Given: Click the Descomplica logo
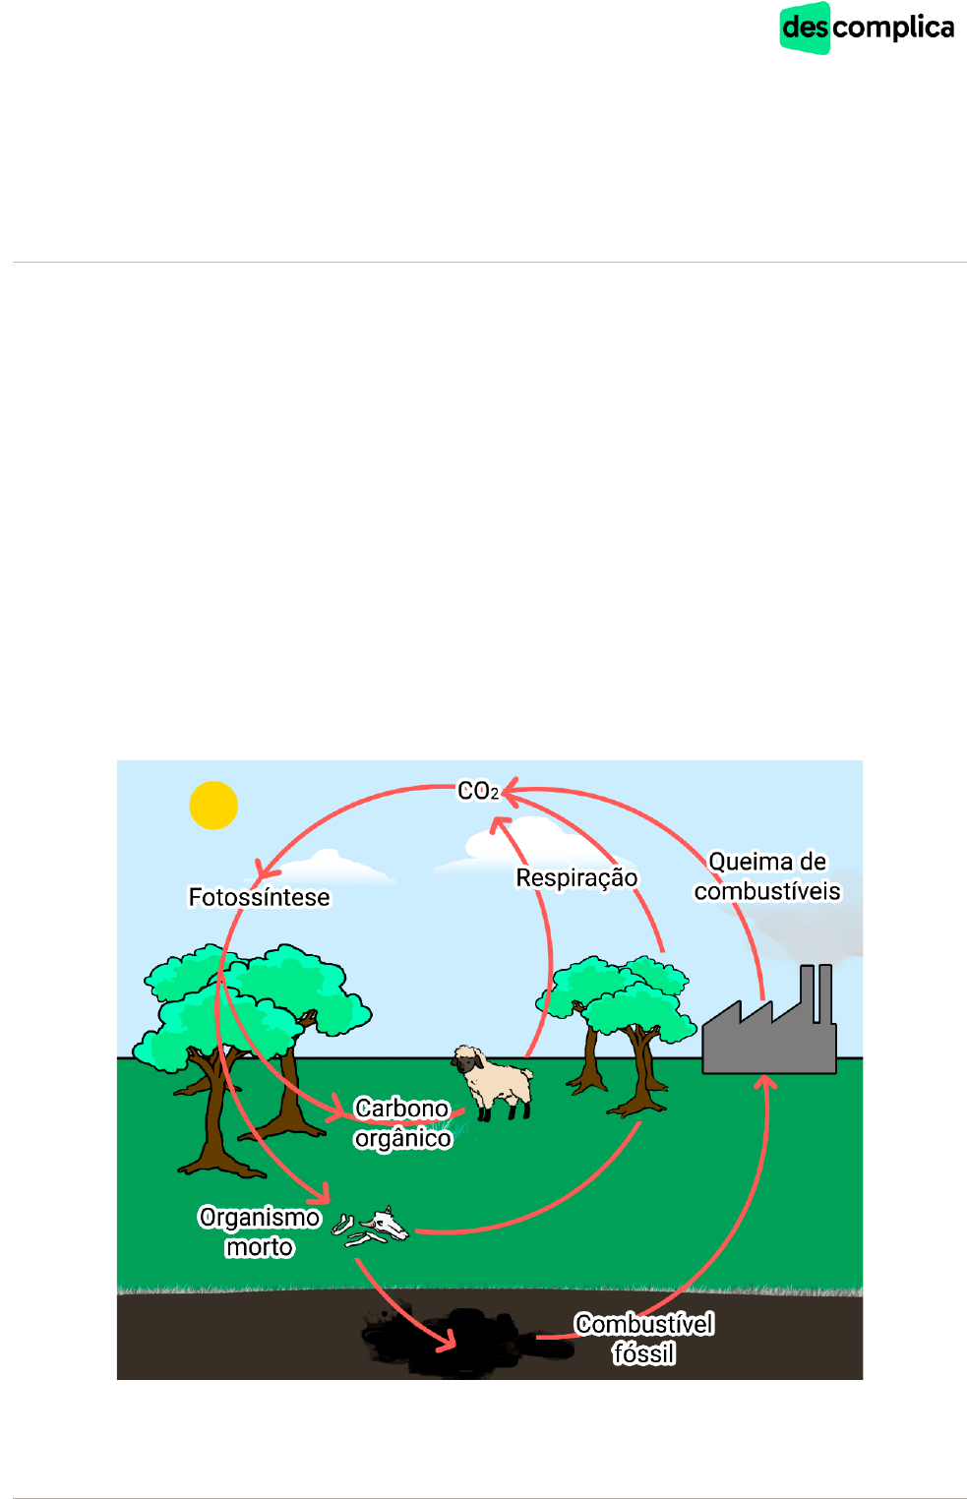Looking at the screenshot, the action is pos(867,28).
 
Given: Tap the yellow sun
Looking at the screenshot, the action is pos(213,805).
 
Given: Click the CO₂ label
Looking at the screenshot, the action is pos(478,791).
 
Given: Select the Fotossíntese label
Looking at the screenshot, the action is pos(259,897).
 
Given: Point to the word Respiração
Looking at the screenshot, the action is pos(576,877).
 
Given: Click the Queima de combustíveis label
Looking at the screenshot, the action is pos(767,876).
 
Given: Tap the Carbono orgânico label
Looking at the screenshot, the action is pos(402,1123).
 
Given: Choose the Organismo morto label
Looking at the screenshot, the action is pos(260,1231).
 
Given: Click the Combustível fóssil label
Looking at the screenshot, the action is pos(644,1339).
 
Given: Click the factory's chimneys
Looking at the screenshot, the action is pos(816,993).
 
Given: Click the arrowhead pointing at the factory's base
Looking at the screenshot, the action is pos(766,1082).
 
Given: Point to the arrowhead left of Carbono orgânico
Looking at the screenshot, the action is pos(336,1109).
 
